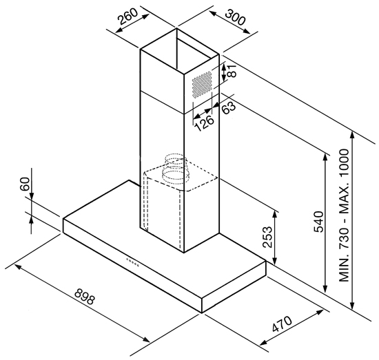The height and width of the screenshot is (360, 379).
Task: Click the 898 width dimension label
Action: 85,296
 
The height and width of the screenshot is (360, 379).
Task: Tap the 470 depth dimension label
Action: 282,324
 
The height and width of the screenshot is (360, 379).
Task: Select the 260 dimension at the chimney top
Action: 128,17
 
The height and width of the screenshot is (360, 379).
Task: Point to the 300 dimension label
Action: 235,17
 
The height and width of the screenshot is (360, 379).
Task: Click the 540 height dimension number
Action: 319,222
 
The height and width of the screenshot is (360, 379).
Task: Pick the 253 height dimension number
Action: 267,237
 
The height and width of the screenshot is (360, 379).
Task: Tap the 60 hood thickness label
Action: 25,184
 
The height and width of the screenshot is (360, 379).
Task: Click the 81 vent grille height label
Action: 232,70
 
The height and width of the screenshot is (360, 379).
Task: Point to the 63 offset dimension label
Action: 228,107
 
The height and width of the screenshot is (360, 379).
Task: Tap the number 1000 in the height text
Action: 344,165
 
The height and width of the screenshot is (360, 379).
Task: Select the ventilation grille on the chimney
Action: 203,85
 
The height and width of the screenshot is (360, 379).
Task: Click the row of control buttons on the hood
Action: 133,262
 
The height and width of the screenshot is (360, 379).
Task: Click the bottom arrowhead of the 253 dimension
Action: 274,260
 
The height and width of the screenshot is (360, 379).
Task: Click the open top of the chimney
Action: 180,52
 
